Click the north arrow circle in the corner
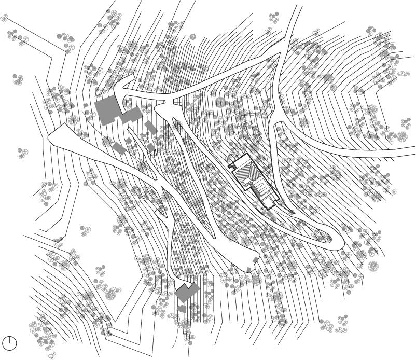[9, 343]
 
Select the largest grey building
[108, 110]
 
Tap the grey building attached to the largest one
[131, 115]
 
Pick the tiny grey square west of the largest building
[86, 106]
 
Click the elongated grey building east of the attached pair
[151, 127]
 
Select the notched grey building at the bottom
[186, 292]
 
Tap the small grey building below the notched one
[182, 309]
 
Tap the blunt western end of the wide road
[51, 136]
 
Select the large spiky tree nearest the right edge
[402, 137]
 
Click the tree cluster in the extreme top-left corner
[5, 18]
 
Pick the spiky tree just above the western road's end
[72, 119]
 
